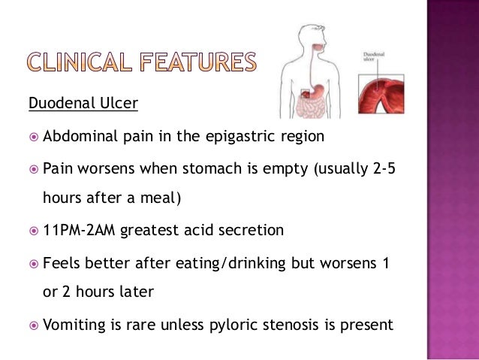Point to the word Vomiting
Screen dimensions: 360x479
coord(75,325)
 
